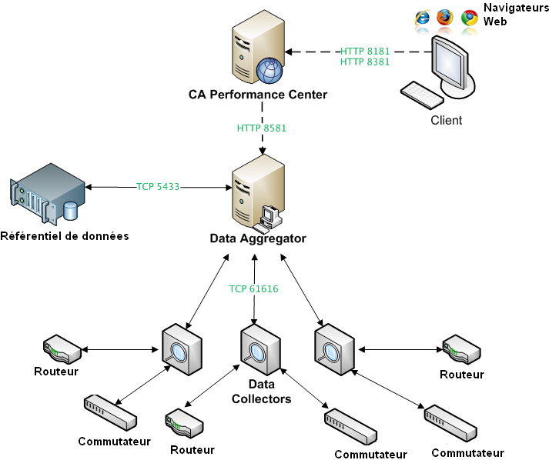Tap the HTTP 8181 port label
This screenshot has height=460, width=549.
(365, 51)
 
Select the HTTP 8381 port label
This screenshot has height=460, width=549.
(365, 62)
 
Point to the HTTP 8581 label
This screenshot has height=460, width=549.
(262, 128)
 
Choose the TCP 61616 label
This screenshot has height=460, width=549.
(253, 289)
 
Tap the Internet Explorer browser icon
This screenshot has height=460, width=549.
(423, 18)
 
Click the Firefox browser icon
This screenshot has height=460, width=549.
(445, 17)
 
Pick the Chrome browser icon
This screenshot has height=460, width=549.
(469, 18)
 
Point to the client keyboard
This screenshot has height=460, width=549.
(421, 95)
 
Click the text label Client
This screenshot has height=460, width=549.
(447, 120)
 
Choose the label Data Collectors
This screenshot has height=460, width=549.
(262, 392)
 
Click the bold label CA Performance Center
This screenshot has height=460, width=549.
(258, 95)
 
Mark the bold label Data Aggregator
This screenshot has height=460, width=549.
(258, 238)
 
